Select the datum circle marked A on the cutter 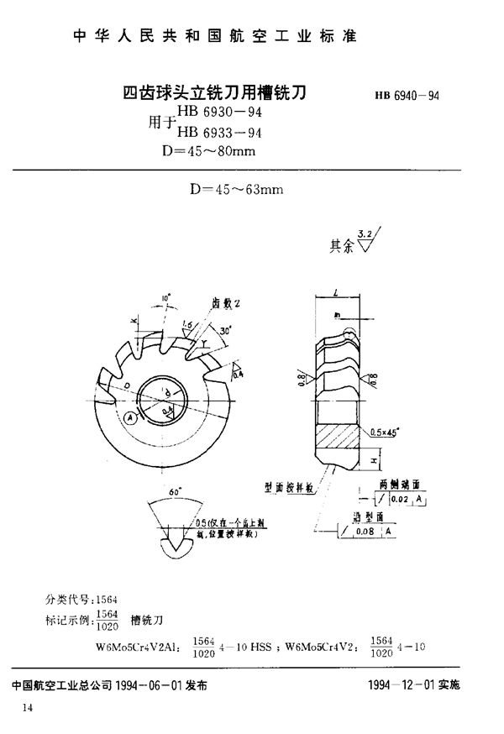click(x=128, y=417)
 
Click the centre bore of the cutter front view click(x=160, y=394)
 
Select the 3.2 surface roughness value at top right click(x=365, y=233)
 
